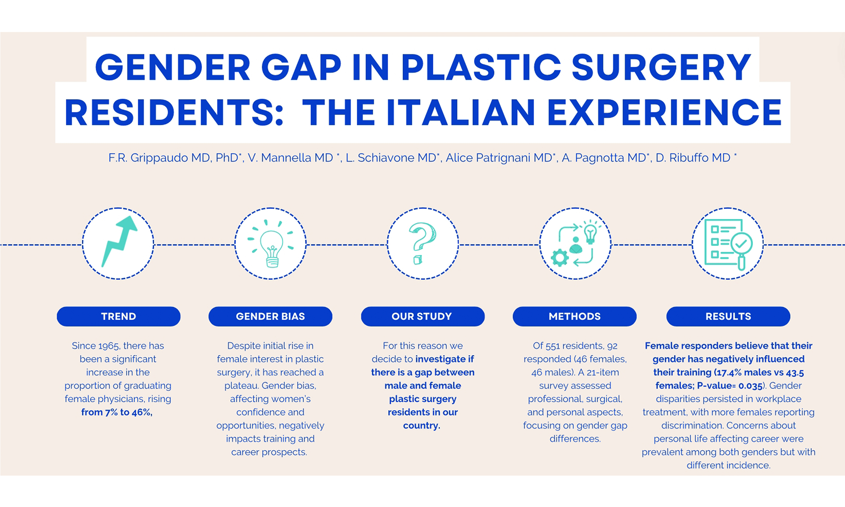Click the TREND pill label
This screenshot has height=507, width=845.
(x=118, y=316)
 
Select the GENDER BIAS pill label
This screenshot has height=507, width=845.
(x=270, y=316)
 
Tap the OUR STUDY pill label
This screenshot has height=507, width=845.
(x=422, y=316)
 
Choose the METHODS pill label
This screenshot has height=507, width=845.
(x=574, y=316)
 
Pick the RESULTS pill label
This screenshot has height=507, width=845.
(x=728, y=316)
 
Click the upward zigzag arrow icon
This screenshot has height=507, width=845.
(x=118, y=241)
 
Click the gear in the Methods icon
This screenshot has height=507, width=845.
(x=560, y=258)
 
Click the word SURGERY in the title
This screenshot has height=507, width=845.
(x=661, y=67)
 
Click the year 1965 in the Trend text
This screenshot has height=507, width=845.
(x=109, y=346)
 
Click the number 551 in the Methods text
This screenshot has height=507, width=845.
(x=553, y=346)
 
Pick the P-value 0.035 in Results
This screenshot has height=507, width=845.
(x=750, y=386)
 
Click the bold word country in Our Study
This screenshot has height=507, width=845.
(x=422, y=426)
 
